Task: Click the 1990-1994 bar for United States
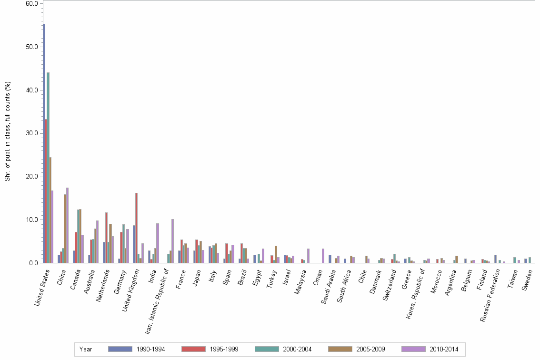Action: [44, 143]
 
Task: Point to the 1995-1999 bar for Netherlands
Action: [106, 238]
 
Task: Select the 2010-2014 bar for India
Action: [158, 243]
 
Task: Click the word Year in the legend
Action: [86, 349]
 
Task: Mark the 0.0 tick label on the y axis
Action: [34, 263]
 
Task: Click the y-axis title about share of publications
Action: [8, 131]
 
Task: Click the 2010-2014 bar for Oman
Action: [323, 256]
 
